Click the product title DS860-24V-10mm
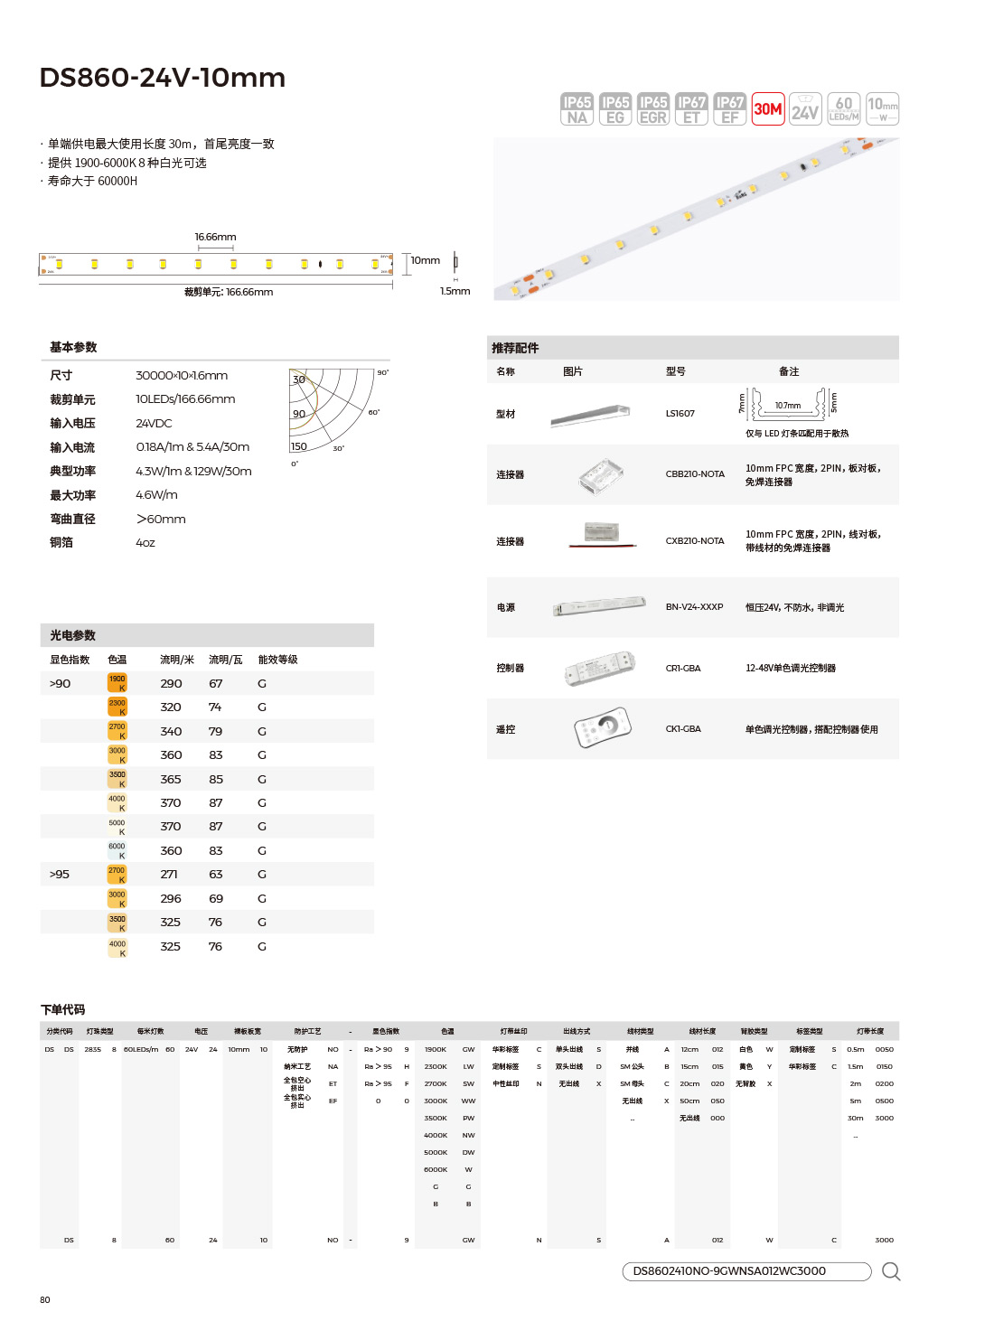[163, 78]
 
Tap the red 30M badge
[768, 109]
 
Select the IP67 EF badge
[729, 109]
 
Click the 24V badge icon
[805, 109]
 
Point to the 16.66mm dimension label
[215, 237]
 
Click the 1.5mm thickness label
[455, 291]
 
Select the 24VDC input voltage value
[154, 423]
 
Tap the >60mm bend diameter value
[161, 519]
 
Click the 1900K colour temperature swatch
[117, 683]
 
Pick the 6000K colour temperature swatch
[117, 850]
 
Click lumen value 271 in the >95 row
[169, 875]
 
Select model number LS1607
[680, 414]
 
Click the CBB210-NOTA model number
[695, 474]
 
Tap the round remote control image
[603, 727]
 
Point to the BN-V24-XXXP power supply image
[599, 606]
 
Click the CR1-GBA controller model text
[683, 669]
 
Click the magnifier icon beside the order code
[891, 1271]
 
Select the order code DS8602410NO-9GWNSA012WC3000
[729, 1271]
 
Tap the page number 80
[45, 1299]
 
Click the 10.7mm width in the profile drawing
[788, 406]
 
